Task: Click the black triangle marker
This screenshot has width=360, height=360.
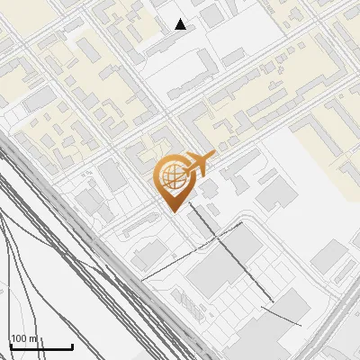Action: pyautogui.click(x=181, y=24)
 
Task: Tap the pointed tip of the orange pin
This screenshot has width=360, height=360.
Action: pyautogui.click(x=171, y=211)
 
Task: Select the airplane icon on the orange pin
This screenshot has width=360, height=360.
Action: pyautogui.click(x=201, y=164)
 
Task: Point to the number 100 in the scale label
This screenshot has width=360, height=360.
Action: pyautogui.click(x=20, y=338)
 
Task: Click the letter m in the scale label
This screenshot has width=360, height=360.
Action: pyautogui.click(x=34, y=338)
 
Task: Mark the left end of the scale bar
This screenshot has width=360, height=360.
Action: pyautogui.click(x=11, y=346)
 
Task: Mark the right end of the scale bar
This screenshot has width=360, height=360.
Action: pyautogui.click(x=72, y=346)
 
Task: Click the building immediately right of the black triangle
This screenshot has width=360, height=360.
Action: pyautogui.click(x=212, y=16)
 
